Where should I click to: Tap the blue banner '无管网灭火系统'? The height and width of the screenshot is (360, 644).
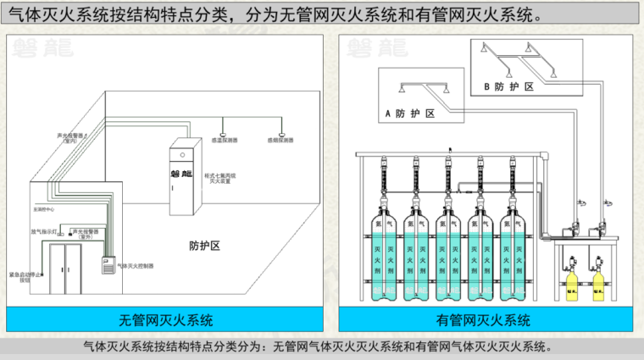click(x=166, y=320)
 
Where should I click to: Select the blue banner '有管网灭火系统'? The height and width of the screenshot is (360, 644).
click(x=483, y=320)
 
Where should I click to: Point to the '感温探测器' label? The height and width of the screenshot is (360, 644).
click(x=224, y=140)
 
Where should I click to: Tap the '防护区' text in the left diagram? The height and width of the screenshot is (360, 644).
click(x=204, y=246)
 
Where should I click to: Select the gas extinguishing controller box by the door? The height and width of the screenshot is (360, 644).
click(x=108, y=264)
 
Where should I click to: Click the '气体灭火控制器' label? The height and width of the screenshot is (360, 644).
click(x=136, y=266)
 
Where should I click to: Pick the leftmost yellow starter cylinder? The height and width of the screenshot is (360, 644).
click(x=570, y=281)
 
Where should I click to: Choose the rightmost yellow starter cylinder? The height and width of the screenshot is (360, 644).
click(x=598, y=281)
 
